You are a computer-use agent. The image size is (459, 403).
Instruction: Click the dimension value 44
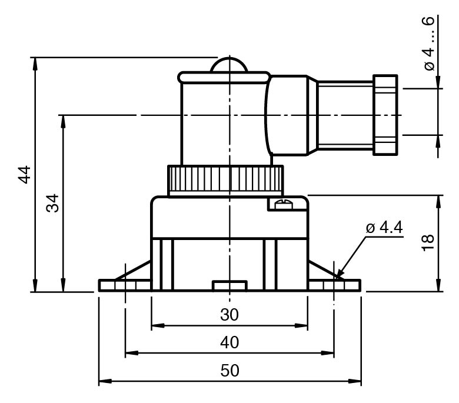25,175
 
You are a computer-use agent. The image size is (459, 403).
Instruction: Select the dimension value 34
53,203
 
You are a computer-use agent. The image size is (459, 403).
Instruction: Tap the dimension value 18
428,242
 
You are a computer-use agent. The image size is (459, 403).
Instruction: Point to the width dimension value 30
229,315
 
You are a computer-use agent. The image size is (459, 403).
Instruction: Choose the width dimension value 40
229,342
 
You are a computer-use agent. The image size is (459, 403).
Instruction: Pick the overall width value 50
229,371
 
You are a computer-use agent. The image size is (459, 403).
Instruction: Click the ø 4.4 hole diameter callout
384,228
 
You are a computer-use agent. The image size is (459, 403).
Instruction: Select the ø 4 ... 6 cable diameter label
429,44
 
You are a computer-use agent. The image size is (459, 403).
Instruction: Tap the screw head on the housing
284,204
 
